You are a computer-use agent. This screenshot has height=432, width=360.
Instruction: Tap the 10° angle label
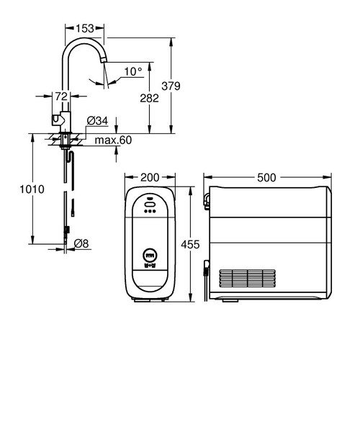(x=132, y=71)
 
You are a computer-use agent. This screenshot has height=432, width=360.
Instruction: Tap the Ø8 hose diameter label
(x=81, y=244)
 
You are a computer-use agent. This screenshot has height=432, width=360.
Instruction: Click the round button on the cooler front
(x=150, y=254)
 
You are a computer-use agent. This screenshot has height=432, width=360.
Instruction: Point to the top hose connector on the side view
(x=207, y=198)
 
